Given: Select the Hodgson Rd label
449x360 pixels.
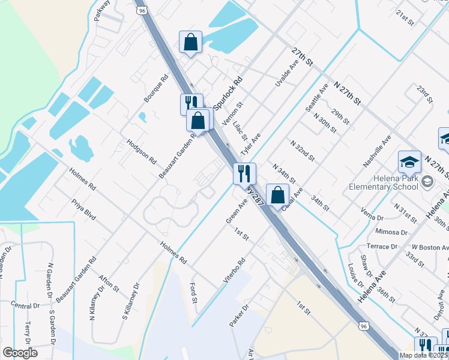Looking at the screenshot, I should coord(141,152).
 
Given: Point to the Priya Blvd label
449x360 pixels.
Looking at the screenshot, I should coord(83,210).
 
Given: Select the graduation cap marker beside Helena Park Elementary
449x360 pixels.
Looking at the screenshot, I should coord(409,161).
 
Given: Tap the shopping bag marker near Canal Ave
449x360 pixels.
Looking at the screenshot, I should coord(277,194).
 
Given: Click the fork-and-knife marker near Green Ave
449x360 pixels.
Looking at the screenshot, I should coord(244,173).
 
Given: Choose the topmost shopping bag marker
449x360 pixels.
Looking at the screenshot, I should coord(190,42).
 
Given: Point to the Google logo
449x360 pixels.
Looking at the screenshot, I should coord(20,353).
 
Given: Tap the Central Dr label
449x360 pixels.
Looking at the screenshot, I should coord(25,305).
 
